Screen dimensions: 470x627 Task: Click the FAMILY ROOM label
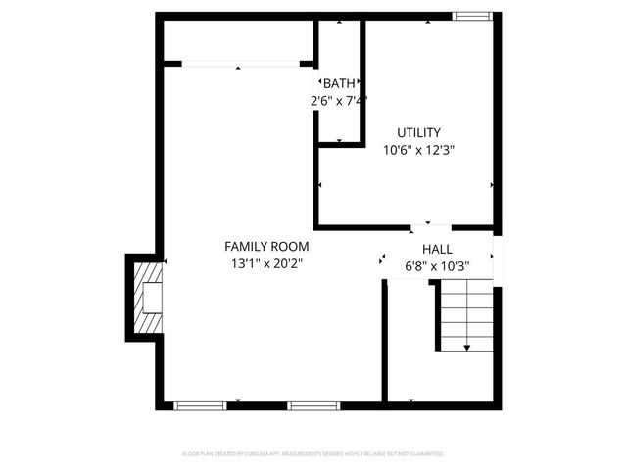coord(266,247)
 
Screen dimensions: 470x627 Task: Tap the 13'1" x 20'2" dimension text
coord(266,263)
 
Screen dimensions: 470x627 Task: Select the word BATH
coord(340,83)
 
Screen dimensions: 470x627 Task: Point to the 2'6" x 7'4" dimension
coord(339,100)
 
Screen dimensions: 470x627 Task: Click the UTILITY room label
coord(418,132)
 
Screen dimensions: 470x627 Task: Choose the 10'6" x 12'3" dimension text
coord(418,150)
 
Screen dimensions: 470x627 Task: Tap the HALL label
coord(437,249)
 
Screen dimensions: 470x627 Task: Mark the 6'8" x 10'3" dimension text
coord(437,265)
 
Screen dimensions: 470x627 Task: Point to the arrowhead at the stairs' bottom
coord(466,347)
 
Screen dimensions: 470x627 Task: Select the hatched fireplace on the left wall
coord(149,298)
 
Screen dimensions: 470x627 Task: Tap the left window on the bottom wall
coord(200,404)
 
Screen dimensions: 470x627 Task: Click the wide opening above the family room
coord(240,64)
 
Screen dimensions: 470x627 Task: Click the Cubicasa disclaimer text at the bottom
coord(313,454)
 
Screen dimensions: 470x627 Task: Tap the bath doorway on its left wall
coord(316,83)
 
